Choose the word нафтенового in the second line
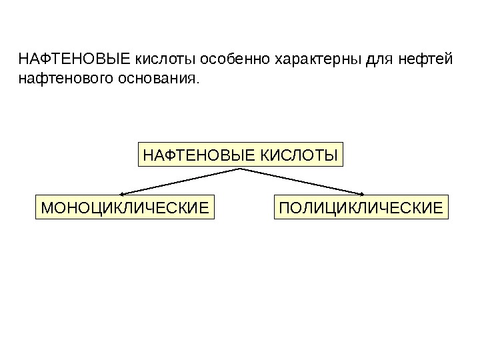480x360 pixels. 63,80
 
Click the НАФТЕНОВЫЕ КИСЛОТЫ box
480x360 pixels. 240,155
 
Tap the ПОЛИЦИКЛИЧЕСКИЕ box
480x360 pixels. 361,207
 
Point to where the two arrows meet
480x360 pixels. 240,169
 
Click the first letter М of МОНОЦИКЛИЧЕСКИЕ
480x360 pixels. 47,208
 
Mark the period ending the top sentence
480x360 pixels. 197,83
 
